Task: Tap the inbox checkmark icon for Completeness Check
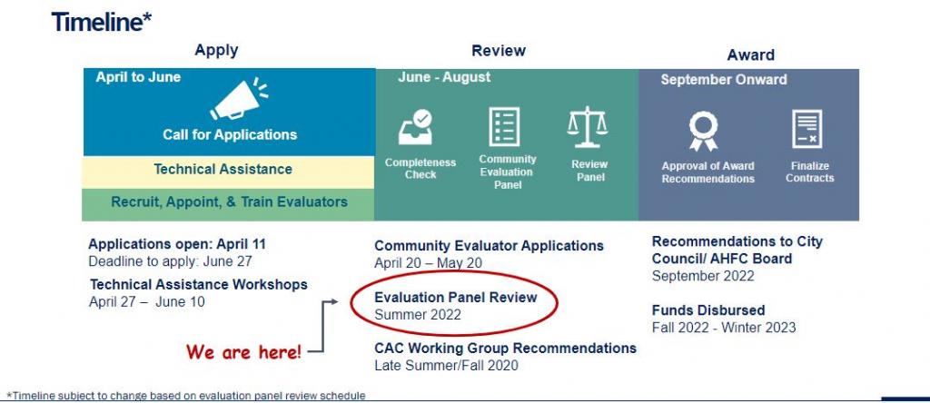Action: [415, 127]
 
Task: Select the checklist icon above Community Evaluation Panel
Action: [504, 126]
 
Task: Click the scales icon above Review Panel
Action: [588, 127]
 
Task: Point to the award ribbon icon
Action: [704, 131]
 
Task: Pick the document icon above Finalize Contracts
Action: [807, 129]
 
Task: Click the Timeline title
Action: [102, 23]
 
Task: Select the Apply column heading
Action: [216, 51]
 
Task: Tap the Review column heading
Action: [499, 51]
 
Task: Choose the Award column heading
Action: [751, 55]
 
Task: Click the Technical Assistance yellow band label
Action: [223, 170]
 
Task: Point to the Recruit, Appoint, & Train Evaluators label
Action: [229, 202]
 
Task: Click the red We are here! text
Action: [243, 352]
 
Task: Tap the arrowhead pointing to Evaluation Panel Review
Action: [334, 301]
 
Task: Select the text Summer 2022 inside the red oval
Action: [418, 315]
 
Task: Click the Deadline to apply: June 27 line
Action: [170, 261]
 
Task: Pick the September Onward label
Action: [724, 80]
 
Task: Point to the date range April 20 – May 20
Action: [429, 263]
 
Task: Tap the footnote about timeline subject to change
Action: [186, 396]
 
